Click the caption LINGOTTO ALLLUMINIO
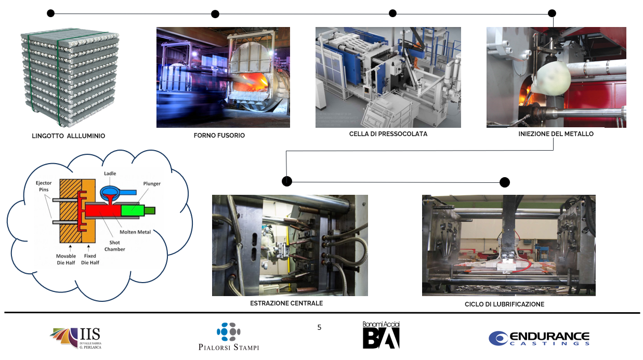click(68, 136)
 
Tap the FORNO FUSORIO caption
click(219, 136)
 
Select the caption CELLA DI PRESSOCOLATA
click(388, 134)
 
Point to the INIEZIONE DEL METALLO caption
click(556, 134)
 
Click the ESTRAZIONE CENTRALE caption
click(286, 303)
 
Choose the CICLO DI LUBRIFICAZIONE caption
click(504, 304)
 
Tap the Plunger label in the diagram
click(152, 183)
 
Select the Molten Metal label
click(135, 232)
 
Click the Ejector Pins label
click(44, 186)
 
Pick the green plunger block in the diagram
click(133, 210)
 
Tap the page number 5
click(319, 327)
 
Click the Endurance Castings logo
click(539, 339)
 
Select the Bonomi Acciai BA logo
click(381, 335)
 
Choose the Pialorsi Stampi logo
click(229, 337)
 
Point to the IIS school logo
click(76, 338)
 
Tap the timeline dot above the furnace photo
click(215, 14)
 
